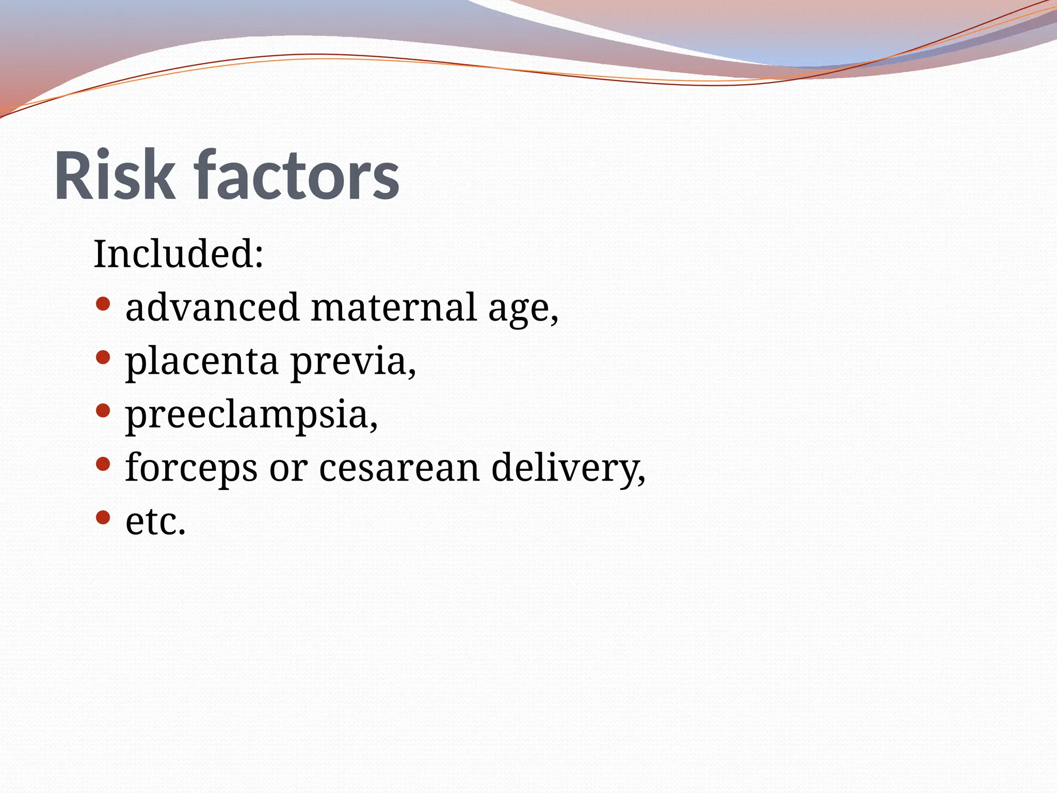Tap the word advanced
tap(212, 307)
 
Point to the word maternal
tap(394, 307)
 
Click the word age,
tap(523, 310)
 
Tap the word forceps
tap(191, 468)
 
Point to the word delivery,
tap(568, 468)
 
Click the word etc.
tap(155, 521)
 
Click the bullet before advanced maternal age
tap(103, 304)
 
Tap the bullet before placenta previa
tap(103, 357)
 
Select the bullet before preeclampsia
tap(103, 411)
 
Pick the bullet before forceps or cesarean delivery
tap(103, 464)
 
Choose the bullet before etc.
tap(103, 517)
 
